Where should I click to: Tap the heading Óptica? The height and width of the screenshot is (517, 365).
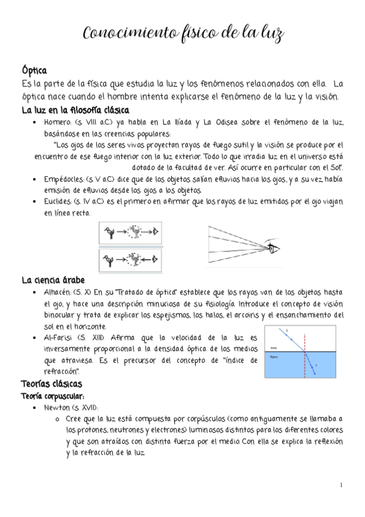(34, 71)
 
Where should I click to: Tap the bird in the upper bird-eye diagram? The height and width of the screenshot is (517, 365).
(110, 231)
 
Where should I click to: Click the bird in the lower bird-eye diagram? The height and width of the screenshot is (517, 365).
(110, 259)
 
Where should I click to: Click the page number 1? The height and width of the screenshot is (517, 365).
(342, 485)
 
